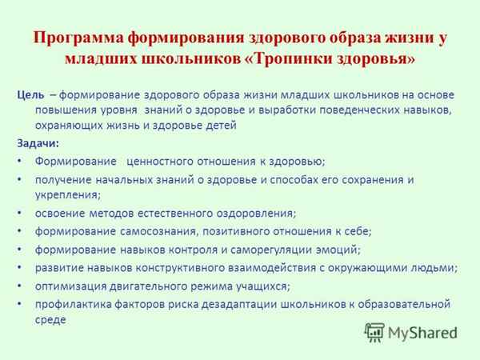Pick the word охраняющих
[x=70, y=126]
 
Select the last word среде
[x=51, y=320]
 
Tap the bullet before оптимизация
[x=18, y=286]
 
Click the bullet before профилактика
[x=18, y=305]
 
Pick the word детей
[x=220, y=126]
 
